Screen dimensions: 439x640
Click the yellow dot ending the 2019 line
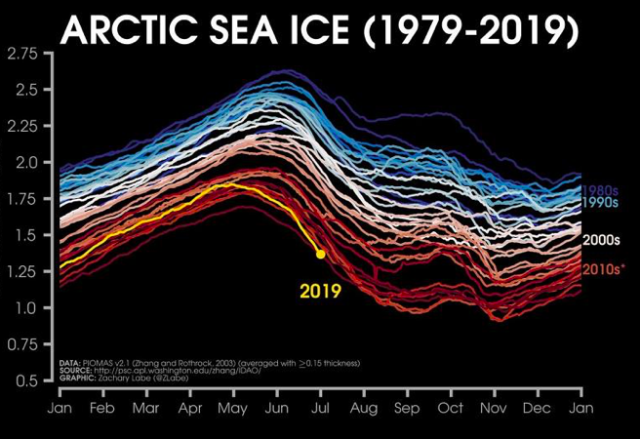click(x=320, y=254)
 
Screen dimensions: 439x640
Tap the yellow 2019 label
click(x=320, y=290)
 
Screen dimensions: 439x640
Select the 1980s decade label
click(x=601, y=191)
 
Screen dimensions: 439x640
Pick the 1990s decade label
click(x=601, y=203)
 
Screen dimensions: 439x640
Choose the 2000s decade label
click(x=601, y=240)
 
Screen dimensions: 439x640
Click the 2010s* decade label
click(x=603, y=269)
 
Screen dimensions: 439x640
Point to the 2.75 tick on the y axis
click(x=24, y=55)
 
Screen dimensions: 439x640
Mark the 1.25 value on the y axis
click(x=24, y=272)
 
